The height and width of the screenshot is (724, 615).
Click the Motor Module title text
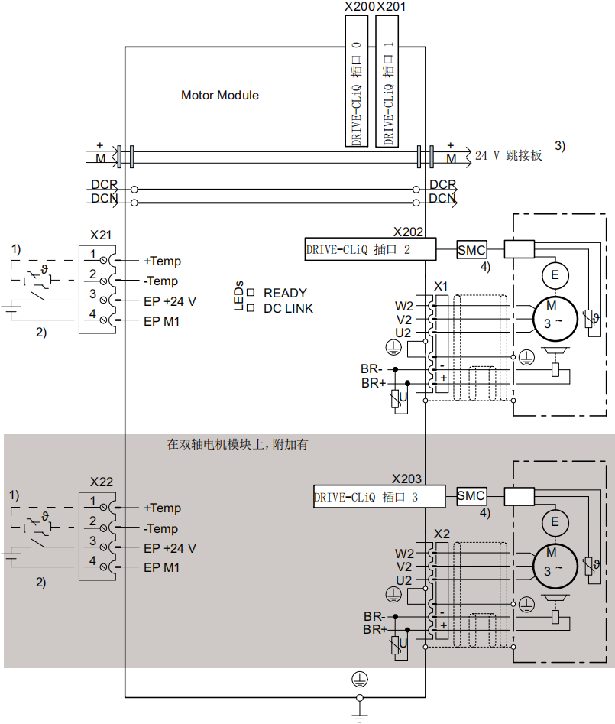pyautogui.click(x=219, y=96)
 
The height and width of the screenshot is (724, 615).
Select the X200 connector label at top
pyautogui.click(x=360, y=7)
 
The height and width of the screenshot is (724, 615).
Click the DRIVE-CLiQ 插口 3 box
pyautogui.click(x=379, y=497)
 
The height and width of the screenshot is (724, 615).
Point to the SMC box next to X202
pyautogui.click(x=471, y=249)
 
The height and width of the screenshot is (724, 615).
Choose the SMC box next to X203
pyautogui.click(x=471, y=496)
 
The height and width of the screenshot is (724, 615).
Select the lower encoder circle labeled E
pyautogui.click(x=555, y=522)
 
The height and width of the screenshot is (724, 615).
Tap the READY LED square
pyautogui.click(x=250, y=293)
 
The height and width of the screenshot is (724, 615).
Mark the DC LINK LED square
pyautogui.click(x=250, y=308)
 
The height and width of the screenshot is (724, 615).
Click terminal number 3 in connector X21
pyautogui.click(x=92, y=294)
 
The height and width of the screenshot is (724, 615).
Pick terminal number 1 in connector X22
pyautogui.click(x=92, y=502)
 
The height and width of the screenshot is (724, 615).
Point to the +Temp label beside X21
pyautogui.click(x=162, y=261)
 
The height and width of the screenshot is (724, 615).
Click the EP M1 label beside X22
pyautogui.click(x=161, y=568)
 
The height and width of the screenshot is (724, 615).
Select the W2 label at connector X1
pyautogui.click(x=403, y=305)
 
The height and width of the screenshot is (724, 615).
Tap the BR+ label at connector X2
pyautogui.click(x=374, y=629)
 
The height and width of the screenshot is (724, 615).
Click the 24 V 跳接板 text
pyautogui.click(x=508, y=155)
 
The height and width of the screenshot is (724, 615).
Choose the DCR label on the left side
pyautogui.click(x=105, y=185)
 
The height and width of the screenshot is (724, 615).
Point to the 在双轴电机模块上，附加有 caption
pyautogui.click(x=238, y=444)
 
